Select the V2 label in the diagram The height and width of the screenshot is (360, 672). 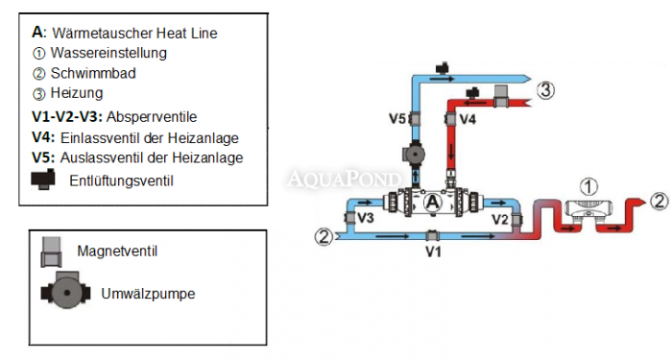pos(500,220)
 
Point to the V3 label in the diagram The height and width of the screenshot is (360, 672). pos(366,219)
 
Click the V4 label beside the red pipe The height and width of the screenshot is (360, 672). pos(468,119)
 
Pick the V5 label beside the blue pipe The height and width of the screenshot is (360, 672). pos(398,119)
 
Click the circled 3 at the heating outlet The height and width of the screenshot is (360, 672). pos(545,91)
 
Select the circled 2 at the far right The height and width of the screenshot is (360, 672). pos(659,202)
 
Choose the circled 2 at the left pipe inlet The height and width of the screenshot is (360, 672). pos(325,235)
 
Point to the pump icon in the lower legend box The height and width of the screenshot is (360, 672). pos(60,292)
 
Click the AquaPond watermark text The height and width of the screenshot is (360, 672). pos(335,178)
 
